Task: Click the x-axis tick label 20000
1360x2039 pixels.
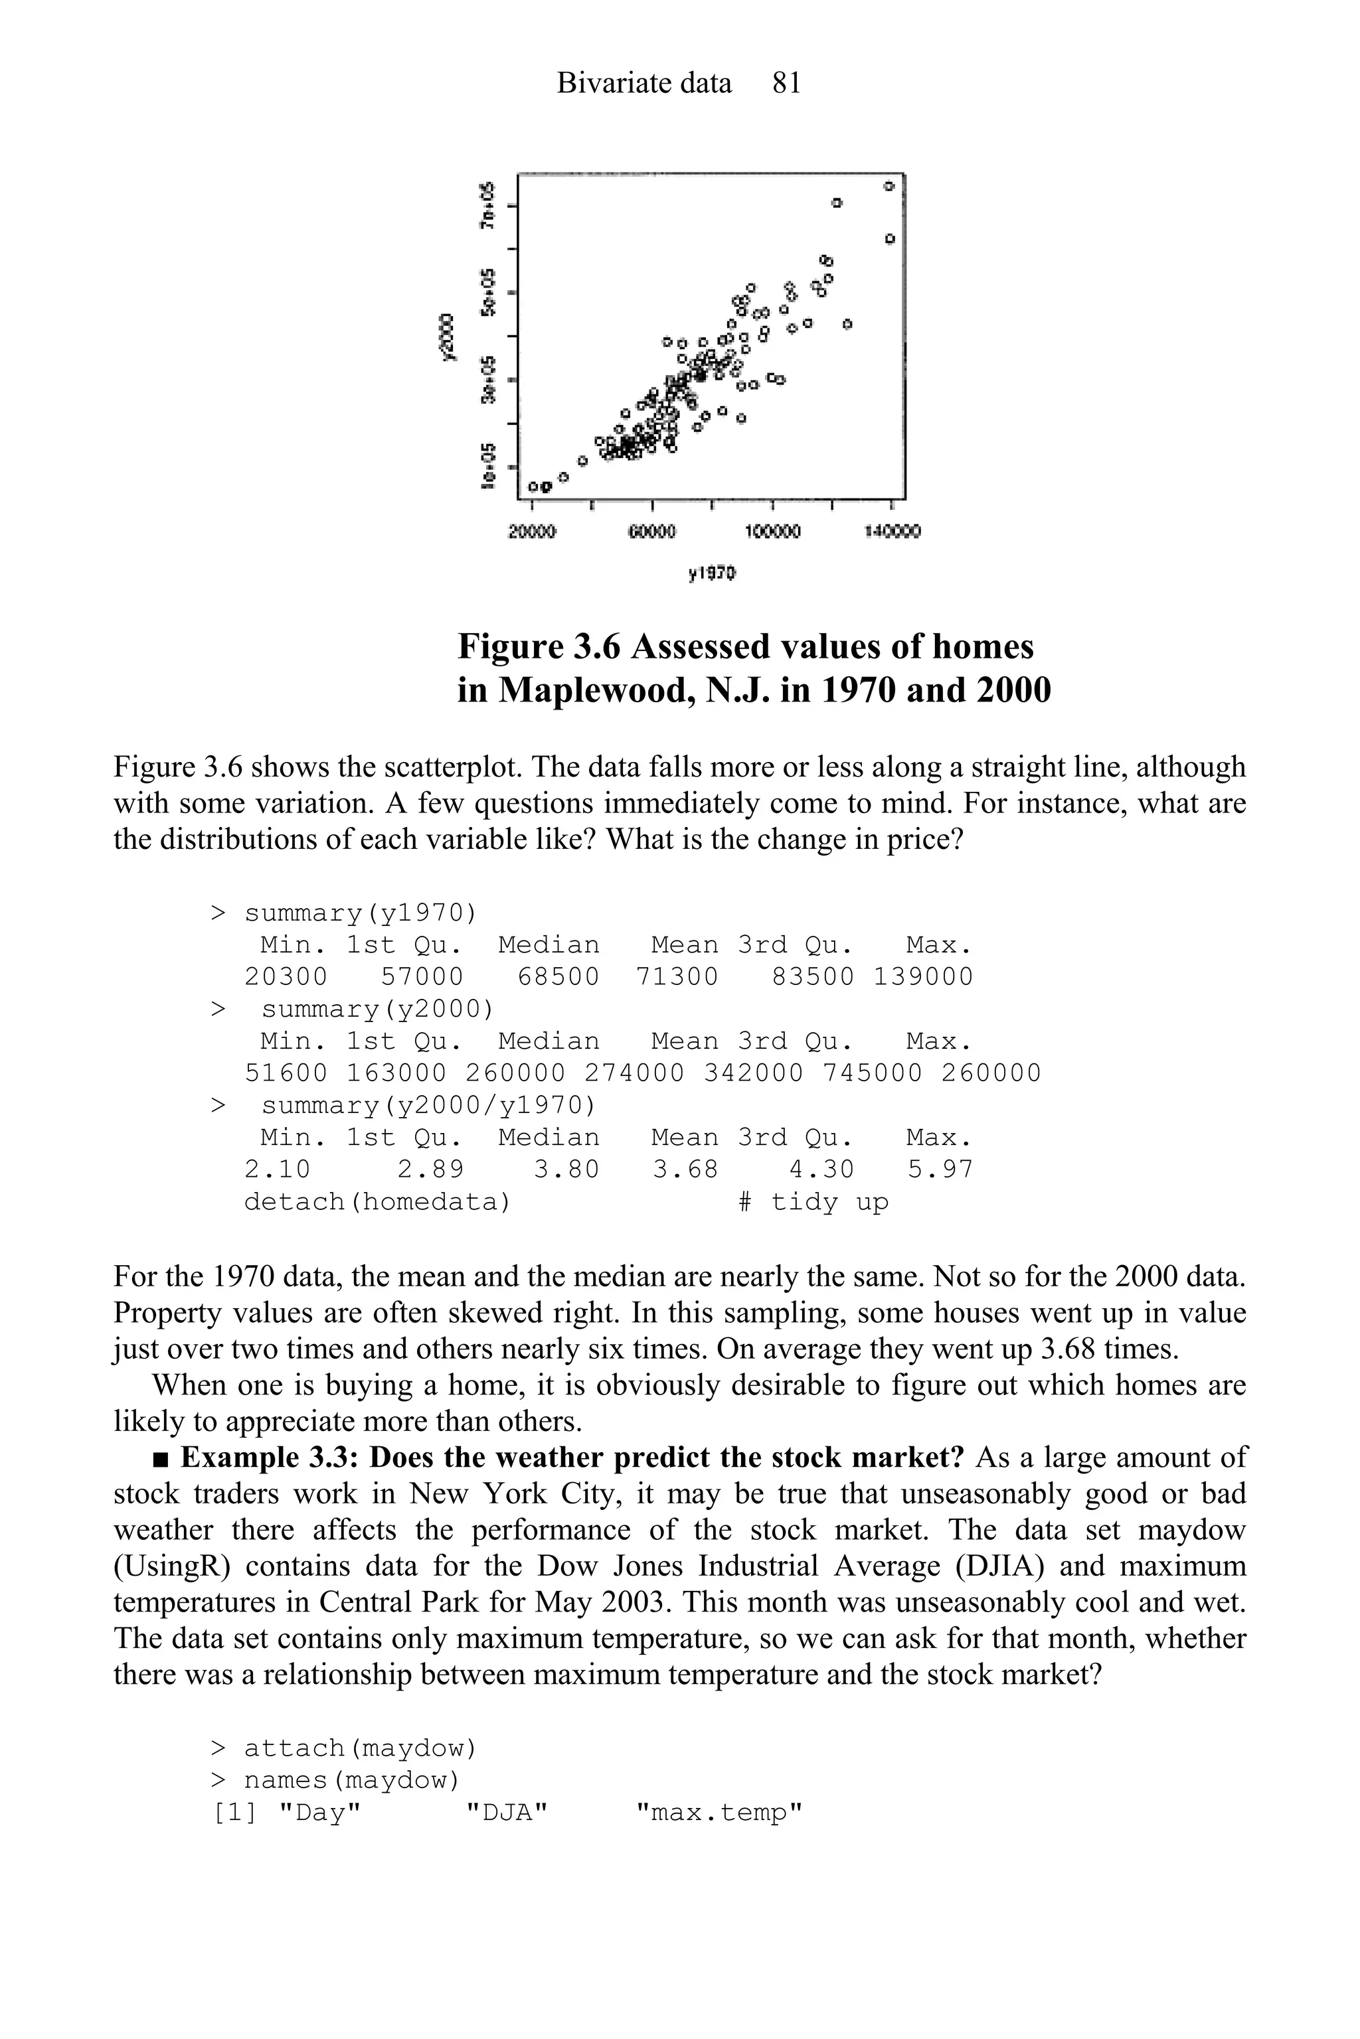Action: click(x=532, y=530)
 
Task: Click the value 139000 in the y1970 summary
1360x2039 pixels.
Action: click(x=923, y=977)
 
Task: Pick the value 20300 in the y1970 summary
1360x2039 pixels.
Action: click(x=286, y=977)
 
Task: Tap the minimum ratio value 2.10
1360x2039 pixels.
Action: click(x=277, y=1170)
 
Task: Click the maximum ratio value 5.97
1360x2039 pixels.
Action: click(x=940, y=1170)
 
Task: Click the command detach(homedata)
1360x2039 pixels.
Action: click(x=377, y=1203)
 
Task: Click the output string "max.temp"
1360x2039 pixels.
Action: click(x=719, y=1813)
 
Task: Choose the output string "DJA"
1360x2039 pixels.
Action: click(x=507, y=1813)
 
